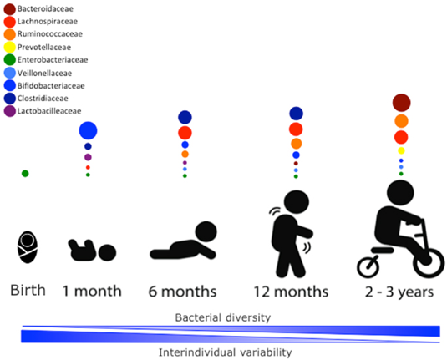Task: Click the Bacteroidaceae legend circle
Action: tap(9, 9)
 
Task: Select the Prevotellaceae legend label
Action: tap(44, 47)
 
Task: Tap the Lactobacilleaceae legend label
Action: tap(49, 110)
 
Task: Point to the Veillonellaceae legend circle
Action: tap(9, 73)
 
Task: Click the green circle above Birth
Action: tap(25, 173)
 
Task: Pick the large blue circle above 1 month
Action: tap(88, 130)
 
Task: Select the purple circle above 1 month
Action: tap(88, 157)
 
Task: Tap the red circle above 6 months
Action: tap(185, 133)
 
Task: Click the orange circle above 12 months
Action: tap(297, 144)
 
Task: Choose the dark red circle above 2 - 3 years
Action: tap(401, 103)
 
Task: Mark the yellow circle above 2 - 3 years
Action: tap(401, 150)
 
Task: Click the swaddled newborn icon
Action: tap(28, 247)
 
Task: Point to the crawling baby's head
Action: tap(206, 232)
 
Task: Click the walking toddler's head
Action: tap(297, 202)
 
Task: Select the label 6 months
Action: tap(182, 292)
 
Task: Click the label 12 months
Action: tap(291, 292)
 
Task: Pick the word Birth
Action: tap(28, 291)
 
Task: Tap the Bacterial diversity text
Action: tap(223, 317)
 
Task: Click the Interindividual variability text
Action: tap(226, 352)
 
